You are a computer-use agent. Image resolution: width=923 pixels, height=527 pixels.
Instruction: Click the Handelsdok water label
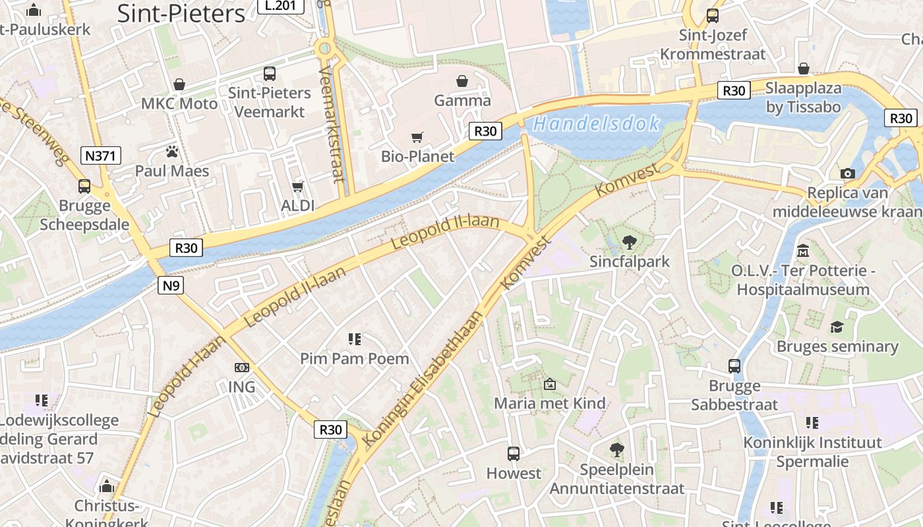pos(596,124)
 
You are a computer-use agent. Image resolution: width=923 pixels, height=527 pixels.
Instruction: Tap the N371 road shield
pos(102,156)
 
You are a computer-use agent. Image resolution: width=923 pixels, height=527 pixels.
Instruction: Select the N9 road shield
pos(170,285)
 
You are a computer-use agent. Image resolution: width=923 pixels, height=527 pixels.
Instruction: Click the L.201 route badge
pos(280,6)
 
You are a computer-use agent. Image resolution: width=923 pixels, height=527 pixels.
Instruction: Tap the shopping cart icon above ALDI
pos(298,187)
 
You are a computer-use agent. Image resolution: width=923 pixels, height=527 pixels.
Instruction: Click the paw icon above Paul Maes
pos(172,152)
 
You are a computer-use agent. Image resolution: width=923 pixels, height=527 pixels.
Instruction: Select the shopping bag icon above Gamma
pos(462,81)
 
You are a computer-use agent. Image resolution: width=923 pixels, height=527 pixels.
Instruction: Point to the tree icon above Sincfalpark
pos(629,242)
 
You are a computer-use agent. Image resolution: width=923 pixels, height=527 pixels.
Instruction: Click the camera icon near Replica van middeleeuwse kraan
pos(848,173)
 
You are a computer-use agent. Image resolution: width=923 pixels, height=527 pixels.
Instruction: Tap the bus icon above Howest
pos(514,453)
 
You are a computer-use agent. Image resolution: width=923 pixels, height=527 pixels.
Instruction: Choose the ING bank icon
pos(242,368)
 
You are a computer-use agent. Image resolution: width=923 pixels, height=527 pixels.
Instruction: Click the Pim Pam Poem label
pos(355,359)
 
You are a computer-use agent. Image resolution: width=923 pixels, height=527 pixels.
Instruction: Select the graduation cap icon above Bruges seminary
pos(837,327)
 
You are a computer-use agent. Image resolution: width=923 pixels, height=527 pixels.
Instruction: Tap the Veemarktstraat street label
pos(332,124)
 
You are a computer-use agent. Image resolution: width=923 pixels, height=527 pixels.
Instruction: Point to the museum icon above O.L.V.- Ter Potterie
pos(803,251)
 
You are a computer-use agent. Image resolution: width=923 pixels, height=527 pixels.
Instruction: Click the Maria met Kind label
pos(550,403)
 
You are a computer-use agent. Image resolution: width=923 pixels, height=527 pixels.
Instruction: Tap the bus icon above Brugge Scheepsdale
pos(84,186)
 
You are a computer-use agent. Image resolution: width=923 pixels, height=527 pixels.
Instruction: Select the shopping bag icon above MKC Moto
pos(179,84)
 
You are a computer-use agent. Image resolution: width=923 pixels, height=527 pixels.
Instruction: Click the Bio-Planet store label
pos(418,156)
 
